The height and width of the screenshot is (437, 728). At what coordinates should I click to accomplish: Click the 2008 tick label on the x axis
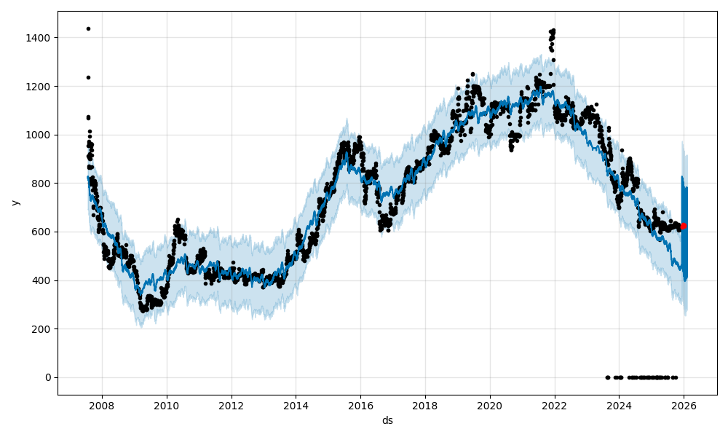point(102,406)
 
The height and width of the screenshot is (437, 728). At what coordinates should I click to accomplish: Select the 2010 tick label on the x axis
point(167,406)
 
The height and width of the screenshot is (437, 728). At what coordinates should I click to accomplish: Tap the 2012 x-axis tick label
point(232,406)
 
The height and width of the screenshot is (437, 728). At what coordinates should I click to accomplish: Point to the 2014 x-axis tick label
point(296,406)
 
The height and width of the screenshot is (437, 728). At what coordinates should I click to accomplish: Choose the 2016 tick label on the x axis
point(360,406)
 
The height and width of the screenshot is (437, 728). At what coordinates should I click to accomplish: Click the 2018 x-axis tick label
point(425,406)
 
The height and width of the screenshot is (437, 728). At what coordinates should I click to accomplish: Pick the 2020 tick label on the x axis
point(490,406)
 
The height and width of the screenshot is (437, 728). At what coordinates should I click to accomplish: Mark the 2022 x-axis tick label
point(555,406)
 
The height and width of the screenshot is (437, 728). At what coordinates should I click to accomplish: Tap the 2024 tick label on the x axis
point(619,406)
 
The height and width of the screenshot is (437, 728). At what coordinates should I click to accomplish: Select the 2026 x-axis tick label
point(684,406)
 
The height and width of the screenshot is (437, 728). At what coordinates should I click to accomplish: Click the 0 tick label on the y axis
point(48,377)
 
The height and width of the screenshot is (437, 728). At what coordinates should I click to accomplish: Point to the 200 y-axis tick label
point(43,329)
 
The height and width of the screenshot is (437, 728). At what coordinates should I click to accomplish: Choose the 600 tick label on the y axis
point(43,232)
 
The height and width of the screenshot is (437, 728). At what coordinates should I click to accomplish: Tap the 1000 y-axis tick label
point(41,135)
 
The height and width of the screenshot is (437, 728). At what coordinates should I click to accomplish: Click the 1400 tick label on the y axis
point(41,38)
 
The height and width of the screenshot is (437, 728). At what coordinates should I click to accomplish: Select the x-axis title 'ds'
point(387,420)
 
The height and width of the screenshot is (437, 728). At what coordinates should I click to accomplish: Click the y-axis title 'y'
point(14,202)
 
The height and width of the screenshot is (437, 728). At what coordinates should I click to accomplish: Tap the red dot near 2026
point(684,226)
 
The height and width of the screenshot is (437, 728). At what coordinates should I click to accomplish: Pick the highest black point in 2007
point(88,28)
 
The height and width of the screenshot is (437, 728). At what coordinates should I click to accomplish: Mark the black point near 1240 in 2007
point(88,77)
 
